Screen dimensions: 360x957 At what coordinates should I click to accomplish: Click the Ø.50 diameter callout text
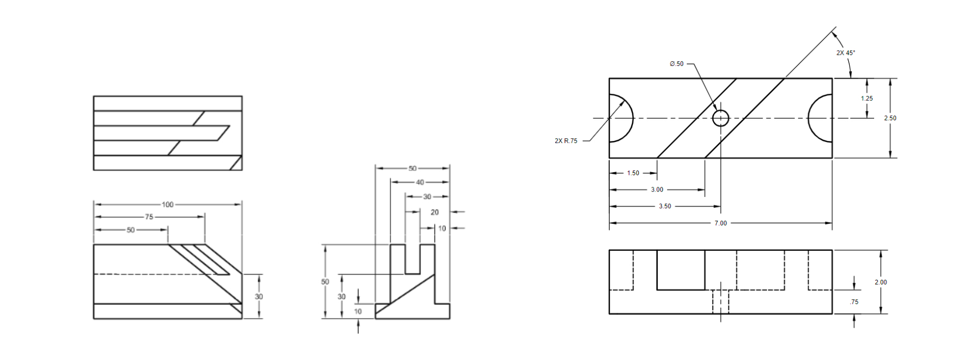point(676,64)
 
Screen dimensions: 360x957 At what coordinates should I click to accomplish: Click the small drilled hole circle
point(721,118)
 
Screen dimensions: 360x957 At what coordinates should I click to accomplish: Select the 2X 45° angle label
point(845,53)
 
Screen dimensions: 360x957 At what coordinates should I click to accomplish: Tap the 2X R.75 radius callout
point(566,141)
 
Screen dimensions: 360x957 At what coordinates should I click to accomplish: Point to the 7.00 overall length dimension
point(721,223)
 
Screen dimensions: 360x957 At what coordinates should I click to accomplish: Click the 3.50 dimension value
point(665,206)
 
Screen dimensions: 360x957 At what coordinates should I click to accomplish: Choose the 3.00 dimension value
point(657,190)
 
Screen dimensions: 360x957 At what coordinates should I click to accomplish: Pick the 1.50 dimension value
point(633,173)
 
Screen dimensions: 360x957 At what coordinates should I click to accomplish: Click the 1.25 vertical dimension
point(866,99)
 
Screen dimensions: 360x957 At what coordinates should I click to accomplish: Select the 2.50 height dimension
point(890,118)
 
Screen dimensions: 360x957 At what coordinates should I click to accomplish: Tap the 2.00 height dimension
point(880,282)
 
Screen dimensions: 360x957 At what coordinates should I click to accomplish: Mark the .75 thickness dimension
point(854,302)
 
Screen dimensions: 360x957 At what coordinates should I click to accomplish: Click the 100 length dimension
point(167,205)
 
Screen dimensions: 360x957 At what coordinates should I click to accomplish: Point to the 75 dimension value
point(149,217)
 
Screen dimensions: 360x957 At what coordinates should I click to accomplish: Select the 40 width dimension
point(420,182)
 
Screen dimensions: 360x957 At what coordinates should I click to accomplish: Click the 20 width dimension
point(434,212)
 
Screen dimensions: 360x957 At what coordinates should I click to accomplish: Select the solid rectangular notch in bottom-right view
point(680,270)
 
